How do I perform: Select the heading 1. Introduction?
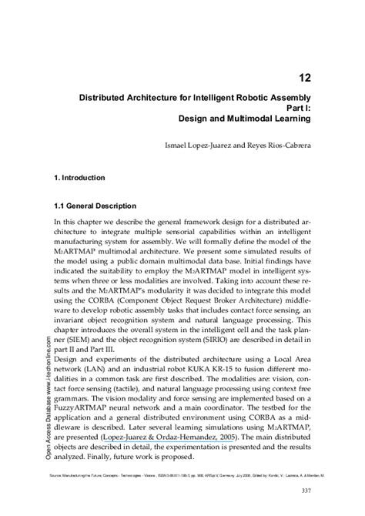[79, 178]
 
